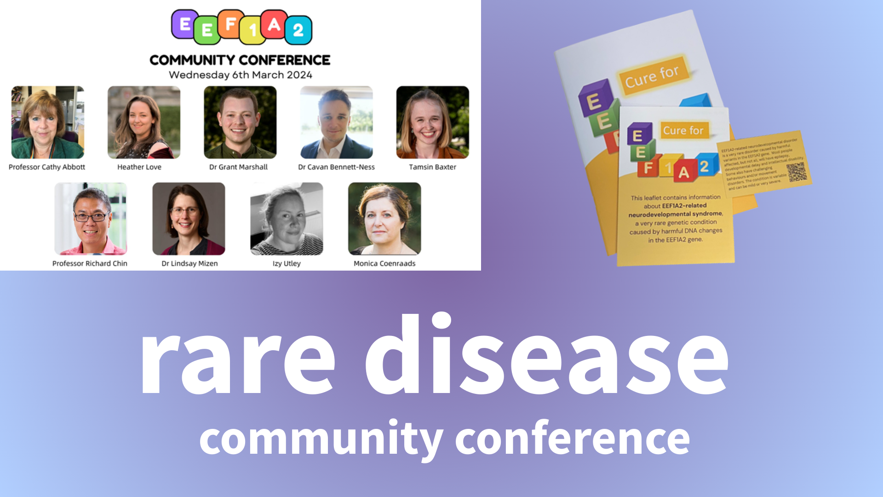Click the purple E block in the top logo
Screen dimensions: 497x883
(185, 24)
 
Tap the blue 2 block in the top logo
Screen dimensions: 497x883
(298, 30)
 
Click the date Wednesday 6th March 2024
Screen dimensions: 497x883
(240, 75)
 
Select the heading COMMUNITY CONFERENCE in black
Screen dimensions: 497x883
(240, 60)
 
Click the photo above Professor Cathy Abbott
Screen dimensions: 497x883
(48, 122)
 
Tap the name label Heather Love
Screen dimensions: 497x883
(139, 167)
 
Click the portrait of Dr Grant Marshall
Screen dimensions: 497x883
(240, 122)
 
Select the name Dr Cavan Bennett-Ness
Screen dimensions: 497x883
(336, 167)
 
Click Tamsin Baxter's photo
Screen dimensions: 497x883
(432, 122)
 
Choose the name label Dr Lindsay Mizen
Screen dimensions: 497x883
(189, 263)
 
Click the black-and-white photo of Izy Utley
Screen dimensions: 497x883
(287, 219)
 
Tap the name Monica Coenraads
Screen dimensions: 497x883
(384, 263)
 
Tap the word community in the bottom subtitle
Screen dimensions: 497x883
(321, 439)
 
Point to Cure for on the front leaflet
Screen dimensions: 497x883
(683, 131)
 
